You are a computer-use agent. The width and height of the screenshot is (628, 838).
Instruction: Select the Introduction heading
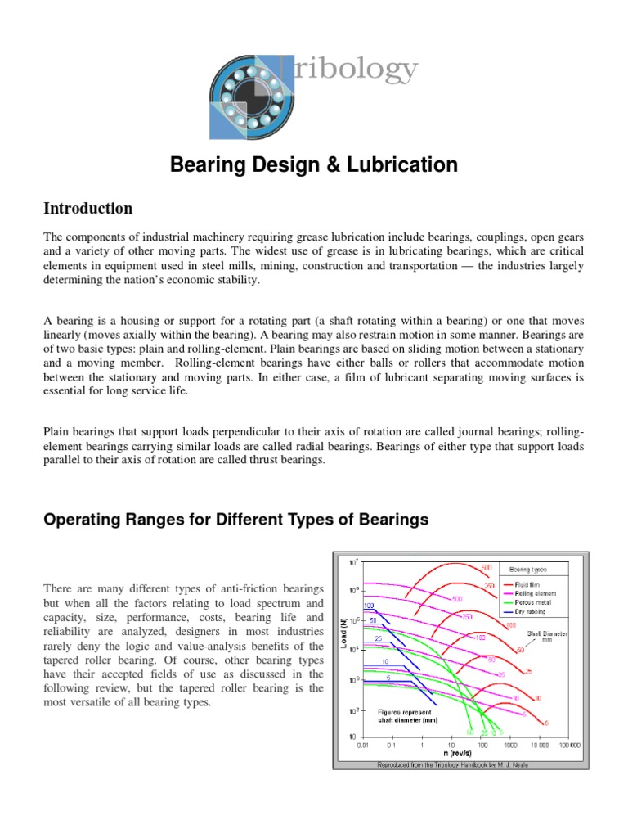click(88, 208)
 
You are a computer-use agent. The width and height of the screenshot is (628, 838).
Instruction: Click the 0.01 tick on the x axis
click(361, 745)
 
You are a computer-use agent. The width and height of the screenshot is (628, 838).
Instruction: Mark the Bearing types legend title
click(528, 568)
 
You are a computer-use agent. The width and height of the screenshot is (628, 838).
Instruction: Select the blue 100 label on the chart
click(369, 606)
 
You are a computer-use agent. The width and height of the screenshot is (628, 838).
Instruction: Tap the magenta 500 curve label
click(457, 598)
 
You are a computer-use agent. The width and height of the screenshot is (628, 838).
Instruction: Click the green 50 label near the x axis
click(470, 732)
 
